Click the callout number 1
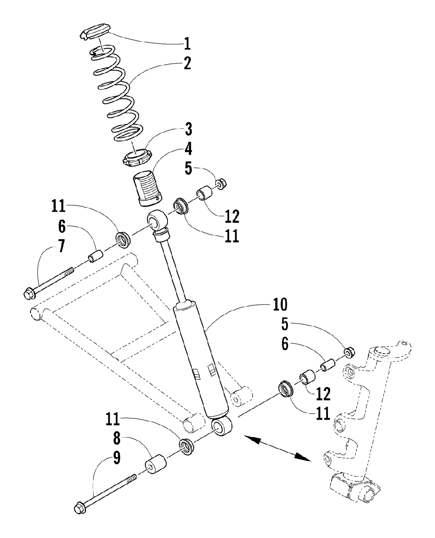(187, 44)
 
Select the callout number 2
(187, 63)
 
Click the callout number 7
(61, 246)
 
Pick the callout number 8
(116, 438)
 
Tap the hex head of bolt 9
(80, 508)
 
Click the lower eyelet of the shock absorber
(221, 425)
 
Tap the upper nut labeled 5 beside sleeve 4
(221, 184)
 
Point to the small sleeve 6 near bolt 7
(95, 256)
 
